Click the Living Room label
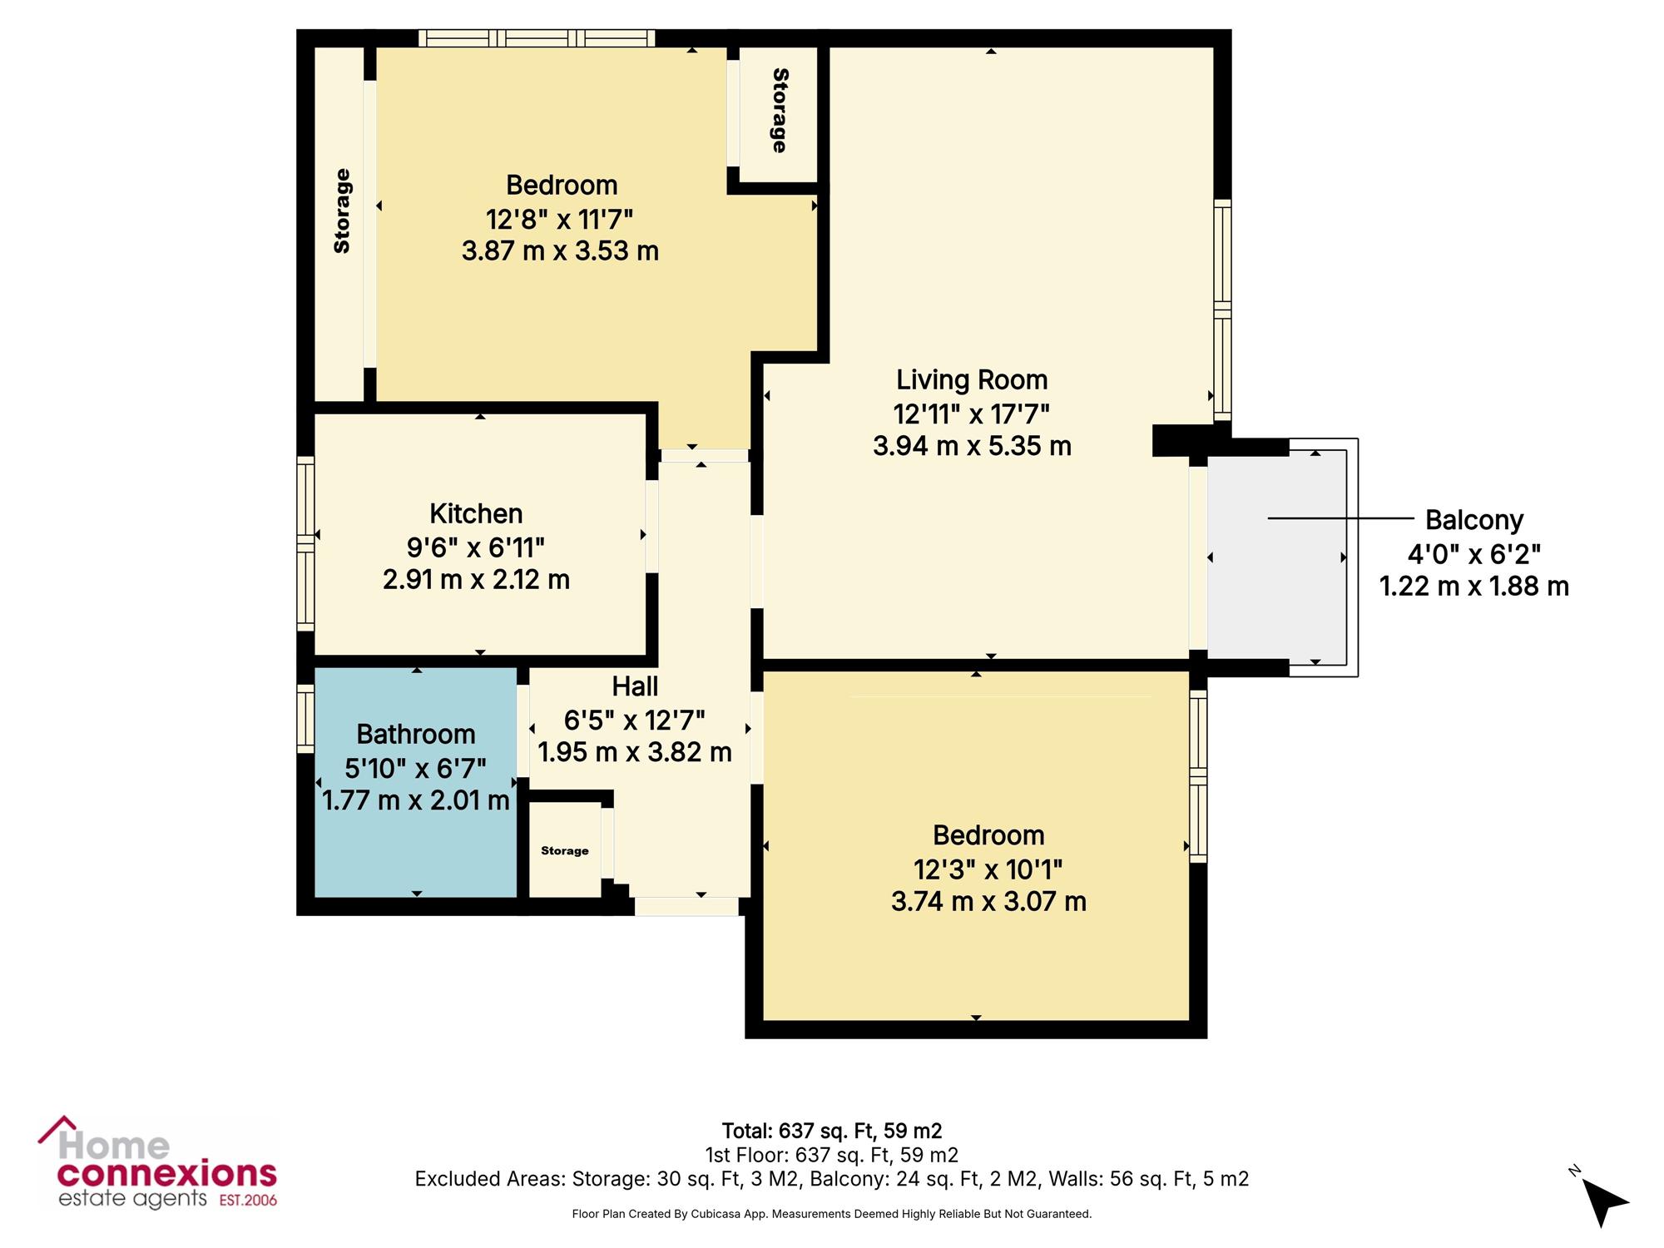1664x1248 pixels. (972, 380)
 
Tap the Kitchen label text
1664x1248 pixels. (476, 513)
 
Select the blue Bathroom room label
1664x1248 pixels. (416, 734)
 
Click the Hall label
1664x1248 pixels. (635, 686)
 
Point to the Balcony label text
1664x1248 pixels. (1474, 520)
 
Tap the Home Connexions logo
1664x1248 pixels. (157, 1162)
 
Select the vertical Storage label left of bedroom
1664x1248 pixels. (342, 211)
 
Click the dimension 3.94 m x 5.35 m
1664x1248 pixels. (972, 446)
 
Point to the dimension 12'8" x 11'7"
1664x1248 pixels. (559, 220)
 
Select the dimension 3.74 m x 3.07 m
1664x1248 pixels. (988, 901)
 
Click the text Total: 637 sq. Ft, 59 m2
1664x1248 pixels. (832, 1131)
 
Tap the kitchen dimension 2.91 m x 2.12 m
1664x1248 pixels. (476, 579)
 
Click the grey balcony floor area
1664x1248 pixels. (1277, 557)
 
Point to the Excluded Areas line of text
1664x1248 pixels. (832, 1179)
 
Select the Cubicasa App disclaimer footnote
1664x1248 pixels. (832, 1214)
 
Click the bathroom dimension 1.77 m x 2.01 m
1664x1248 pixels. (416, 800)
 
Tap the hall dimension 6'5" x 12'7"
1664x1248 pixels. (635, 720)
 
